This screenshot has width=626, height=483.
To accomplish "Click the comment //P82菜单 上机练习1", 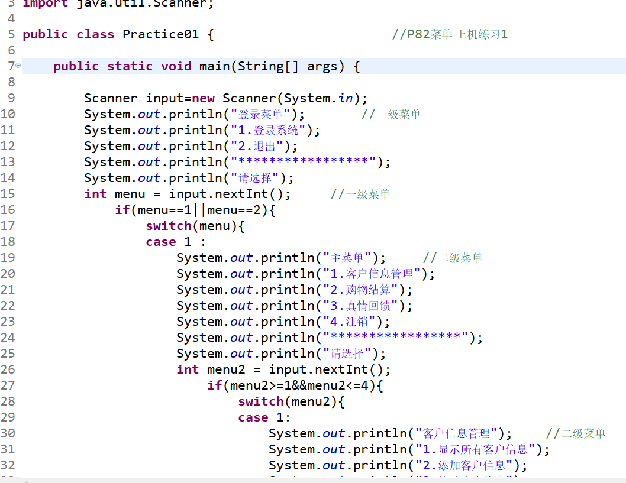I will point(450,34).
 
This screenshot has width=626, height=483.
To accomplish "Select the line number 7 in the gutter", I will point(11,66).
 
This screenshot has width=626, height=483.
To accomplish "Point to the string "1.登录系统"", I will point(269,130).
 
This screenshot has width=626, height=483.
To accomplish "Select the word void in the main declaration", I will point(176,66).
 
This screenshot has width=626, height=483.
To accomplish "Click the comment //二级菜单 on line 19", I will point(453,258).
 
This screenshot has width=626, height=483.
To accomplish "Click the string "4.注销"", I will point(349,322).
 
